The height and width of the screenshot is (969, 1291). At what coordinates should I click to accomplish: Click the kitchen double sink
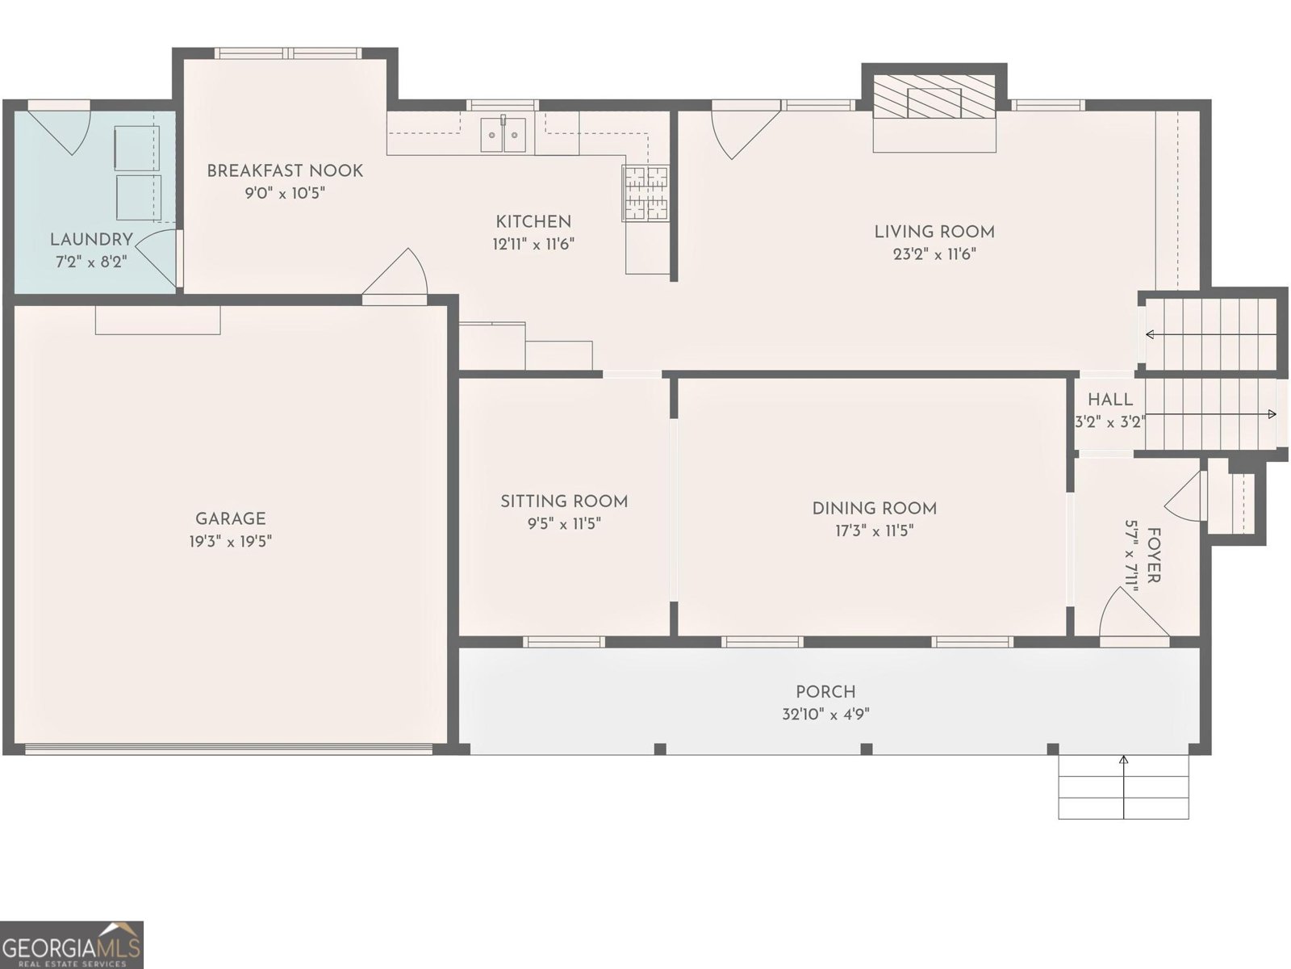pyautogui.click(x=503, y=134)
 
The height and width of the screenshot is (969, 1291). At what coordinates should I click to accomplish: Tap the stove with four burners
pyautogui.click(x=645, y=193)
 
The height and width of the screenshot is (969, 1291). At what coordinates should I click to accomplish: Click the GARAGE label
pyautogui.click(x=230, y=519)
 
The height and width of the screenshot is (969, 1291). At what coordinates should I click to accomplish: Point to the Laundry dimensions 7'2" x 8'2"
pyautogui.click(x=91, y=262)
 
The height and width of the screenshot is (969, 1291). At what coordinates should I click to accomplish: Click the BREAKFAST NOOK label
pyautogui.click(x=285, y=171)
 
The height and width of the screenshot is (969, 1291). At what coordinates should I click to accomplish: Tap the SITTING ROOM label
pyautogui.click(x=564, y=501)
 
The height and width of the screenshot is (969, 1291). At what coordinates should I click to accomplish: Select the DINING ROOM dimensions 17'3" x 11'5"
pyautogui.click(x=874, y=531)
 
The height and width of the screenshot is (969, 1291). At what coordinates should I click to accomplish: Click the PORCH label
pyautogui.click(x=825, y=692)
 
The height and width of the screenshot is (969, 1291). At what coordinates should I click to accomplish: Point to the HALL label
pyautogui.click(x=1109, y=400)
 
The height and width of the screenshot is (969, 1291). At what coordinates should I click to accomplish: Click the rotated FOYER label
pyautogui.click(x=1154, y=556)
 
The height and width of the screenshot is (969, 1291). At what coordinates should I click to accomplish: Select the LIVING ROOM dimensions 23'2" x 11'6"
pyautogui.click(x=934, y=254)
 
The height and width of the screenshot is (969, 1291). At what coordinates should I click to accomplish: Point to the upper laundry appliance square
pyautogui.click(x=137, y=147)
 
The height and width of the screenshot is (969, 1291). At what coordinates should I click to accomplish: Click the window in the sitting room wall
pyautogui.click(x=563, y=642)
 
